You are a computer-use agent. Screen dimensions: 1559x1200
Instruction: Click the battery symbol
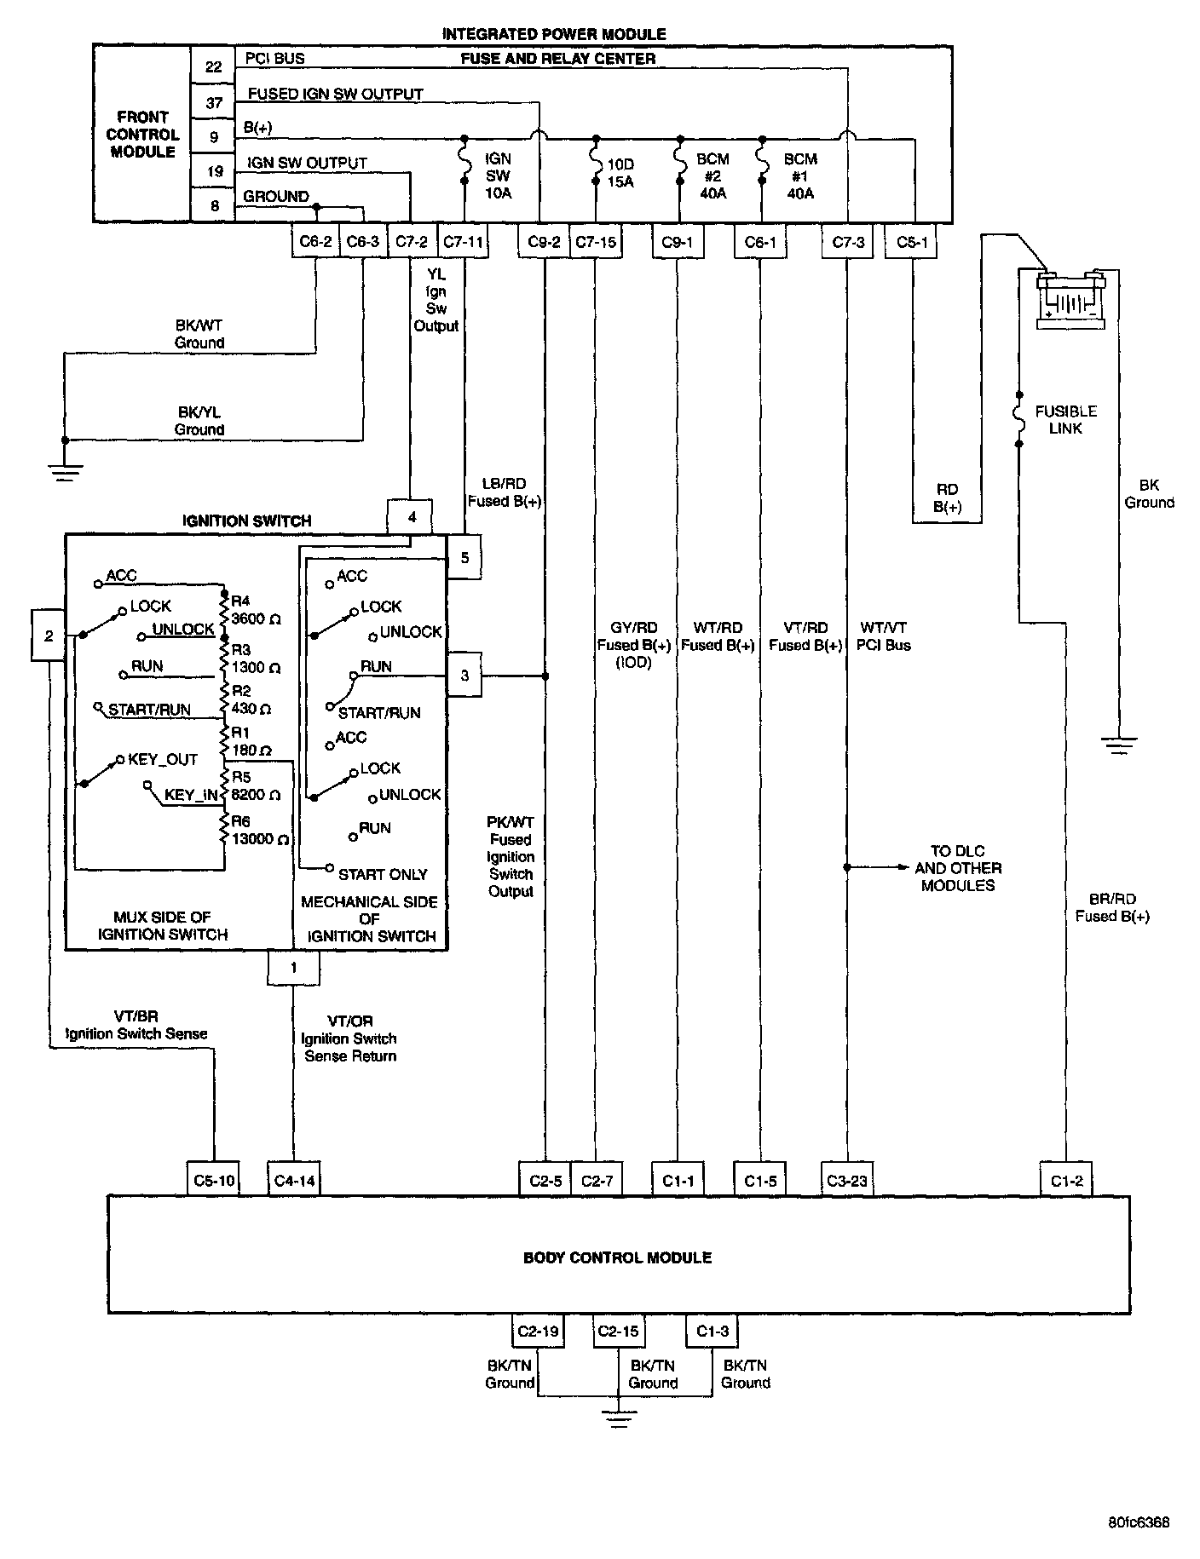(1070, 300)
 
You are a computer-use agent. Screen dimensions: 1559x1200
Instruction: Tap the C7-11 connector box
(463, 242)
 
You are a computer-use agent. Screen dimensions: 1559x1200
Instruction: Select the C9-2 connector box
(544, 242)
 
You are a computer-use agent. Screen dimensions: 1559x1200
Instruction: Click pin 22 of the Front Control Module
(213, 66)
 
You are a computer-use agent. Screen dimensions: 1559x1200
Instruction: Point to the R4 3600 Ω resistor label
(255, 610)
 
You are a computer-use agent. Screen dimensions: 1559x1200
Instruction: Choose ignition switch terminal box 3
(464, 676)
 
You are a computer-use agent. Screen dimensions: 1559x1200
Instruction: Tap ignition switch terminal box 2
(49, 636)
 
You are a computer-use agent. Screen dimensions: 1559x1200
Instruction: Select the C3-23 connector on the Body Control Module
(846, 1181)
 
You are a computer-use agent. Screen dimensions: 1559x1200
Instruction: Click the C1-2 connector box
(1066, 1181)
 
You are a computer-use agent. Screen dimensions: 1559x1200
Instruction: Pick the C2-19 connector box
(538, 1331)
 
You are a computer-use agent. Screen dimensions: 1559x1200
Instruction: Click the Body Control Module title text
(617, 1257)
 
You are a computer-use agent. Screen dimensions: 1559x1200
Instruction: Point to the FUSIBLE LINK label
(1065, 419)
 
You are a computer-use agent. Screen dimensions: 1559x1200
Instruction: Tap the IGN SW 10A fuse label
(498, 176)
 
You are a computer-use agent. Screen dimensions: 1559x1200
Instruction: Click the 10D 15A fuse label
(620, 173)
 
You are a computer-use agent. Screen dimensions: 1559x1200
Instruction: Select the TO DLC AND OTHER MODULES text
(957, 868)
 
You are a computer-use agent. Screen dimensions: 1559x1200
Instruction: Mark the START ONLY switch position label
(383, 874)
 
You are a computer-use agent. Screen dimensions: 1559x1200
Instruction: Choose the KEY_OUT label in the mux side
(162, 759)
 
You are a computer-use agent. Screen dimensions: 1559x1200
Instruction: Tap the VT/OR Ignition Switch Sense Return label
(349, 1038)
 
